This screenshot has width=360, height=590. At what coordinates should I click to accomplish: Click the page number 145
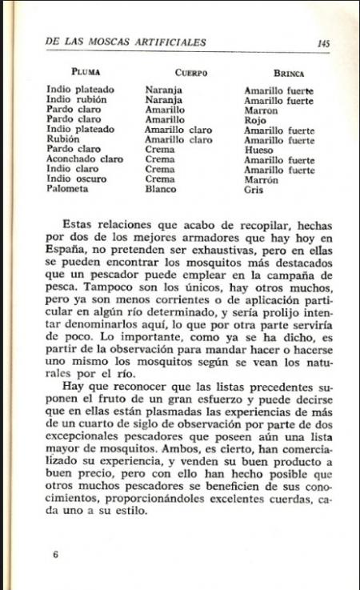(x=323, y=43)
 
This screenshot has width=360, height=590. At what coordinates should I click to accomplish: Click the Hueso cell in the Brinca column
(x=258, y=150)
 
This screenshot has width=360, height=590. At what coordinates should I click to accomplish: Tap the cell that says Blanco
(x=161, y=190)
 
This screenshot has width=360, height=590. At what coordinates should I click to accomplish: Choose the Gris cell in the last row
(x=254, y=190)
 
